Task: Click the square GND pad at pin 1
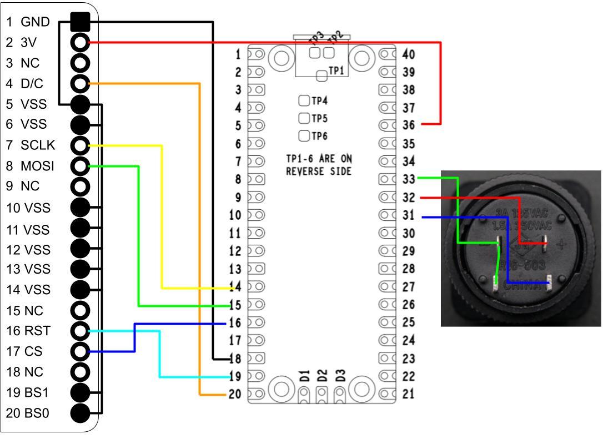(81, 22)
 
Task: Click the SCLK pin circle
(81, 146)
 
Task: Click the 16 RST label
(28, 331)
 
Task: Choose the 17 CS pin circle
(81, 351)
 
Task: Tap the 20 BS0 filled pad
(81, 413)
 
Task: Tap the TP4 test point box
(304, 100)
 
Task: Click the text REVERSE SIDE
(318, 171)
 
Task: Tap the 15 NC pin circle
(81, 310)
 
